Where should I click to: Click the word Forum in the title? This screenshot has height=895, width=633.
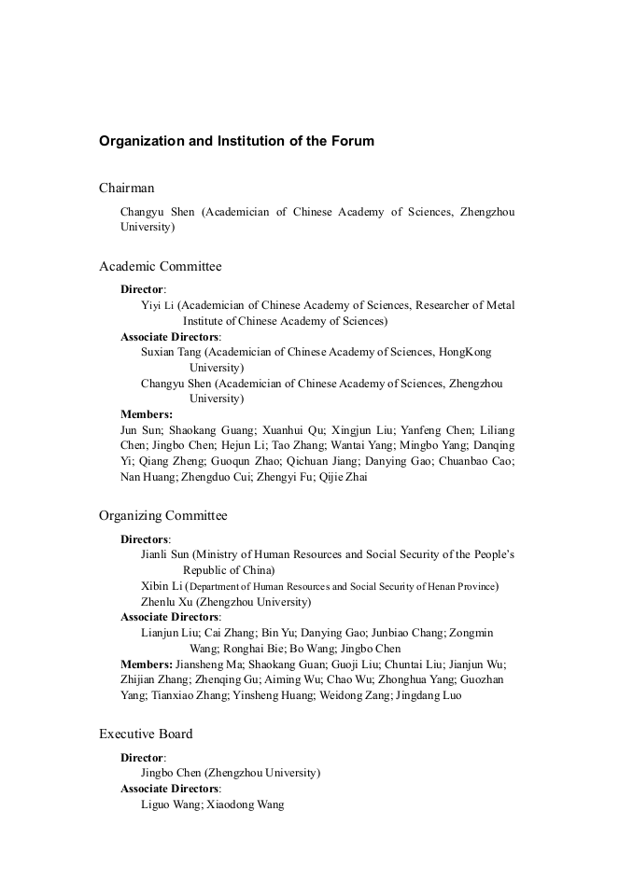(353, 142)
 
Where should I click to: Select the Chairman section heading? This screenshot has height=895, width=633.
(127, 189)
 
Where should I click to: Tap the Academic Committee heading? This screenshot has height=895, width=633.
(161, 267)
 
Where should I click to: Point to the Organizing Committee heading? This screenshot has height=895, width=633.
(163, 516)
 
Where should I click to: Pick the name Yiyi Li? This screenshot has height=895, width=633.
(158, 305)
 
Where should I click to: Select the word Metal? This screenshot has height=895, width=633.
(498, 305)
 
